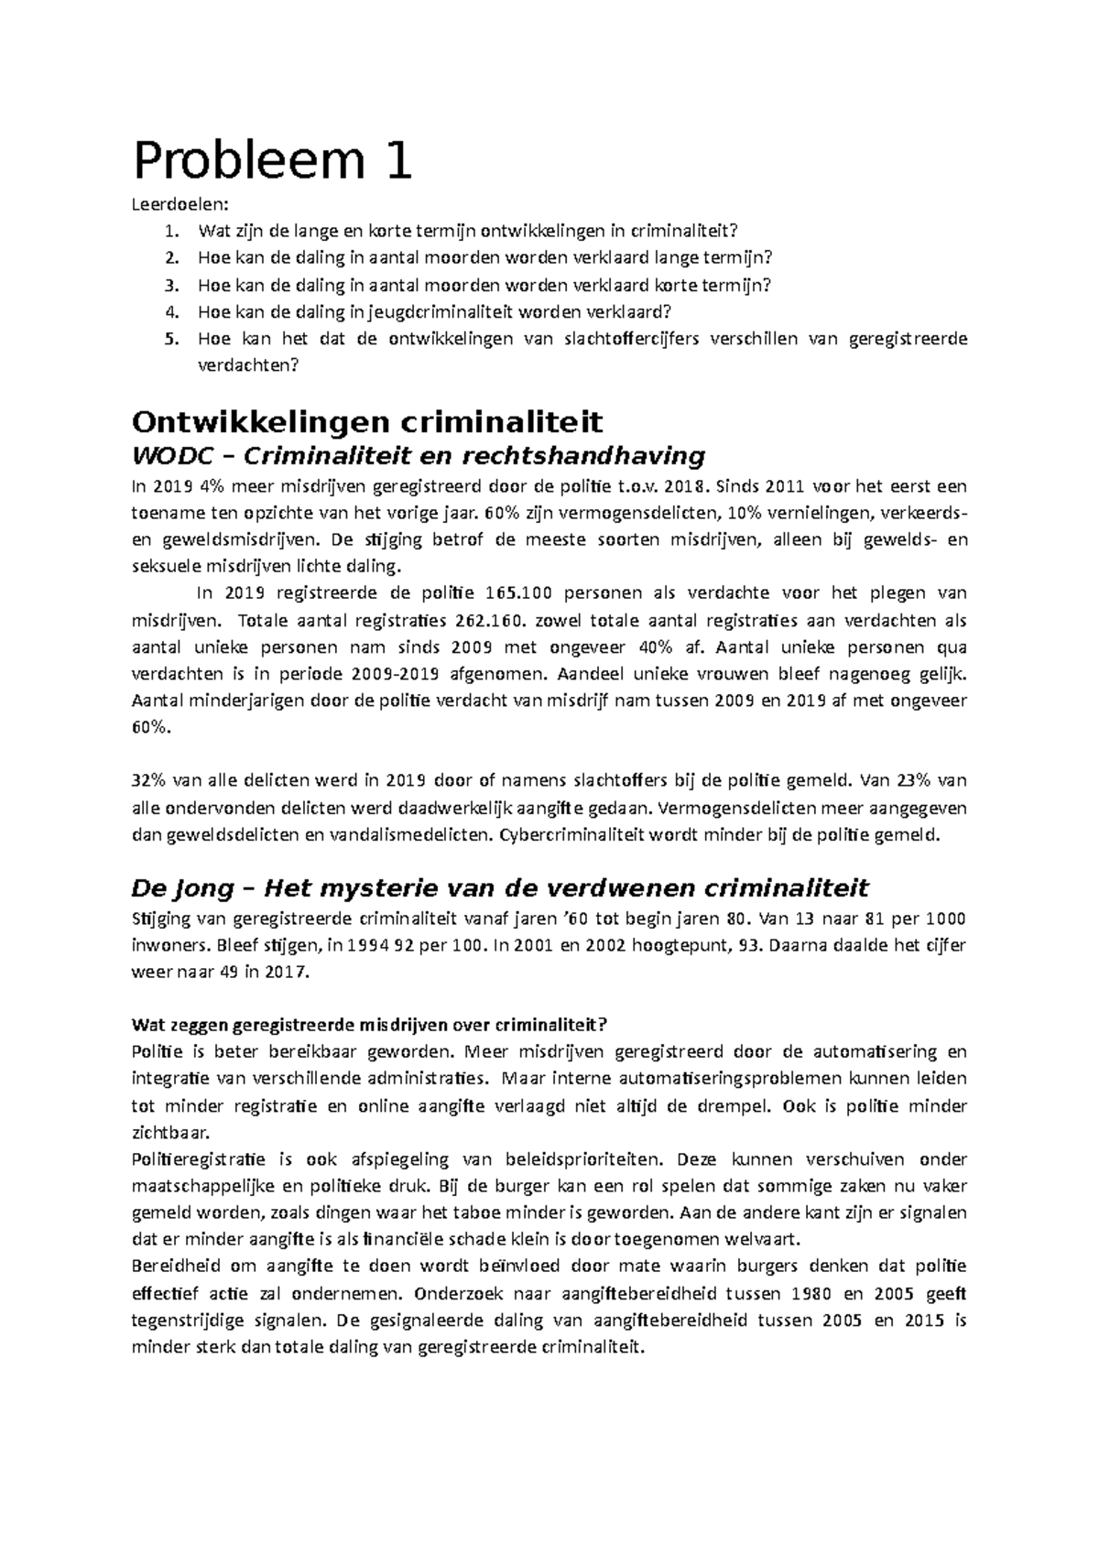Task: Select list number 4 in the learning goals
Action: coord(169,312)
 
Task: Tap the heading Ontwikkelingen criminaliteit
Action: coord(367,422)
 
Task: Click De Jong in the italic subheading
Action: coord(185,888)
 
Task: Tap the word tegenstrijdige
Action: coord(188,1321)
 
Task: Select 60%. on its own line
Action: coord(151,727)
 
